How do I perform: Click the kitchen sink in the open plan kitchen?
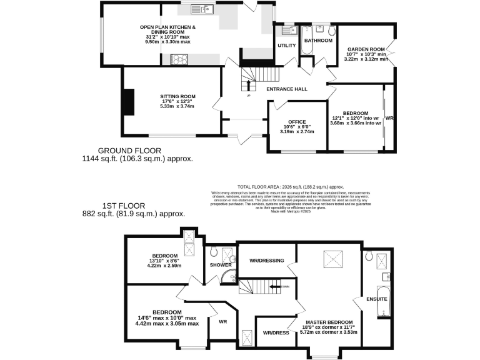point(204,10)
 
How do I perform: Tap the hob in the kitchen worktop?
point(179,60)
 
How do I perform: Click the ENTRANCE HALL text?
point(287,89)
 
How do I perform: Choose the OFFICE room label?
point(296,122)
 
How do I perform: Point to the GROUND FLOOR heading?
point(130,151)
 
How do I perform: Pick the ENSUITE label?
point(377,299)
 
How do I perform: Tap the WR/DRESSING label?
point(266,261)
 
